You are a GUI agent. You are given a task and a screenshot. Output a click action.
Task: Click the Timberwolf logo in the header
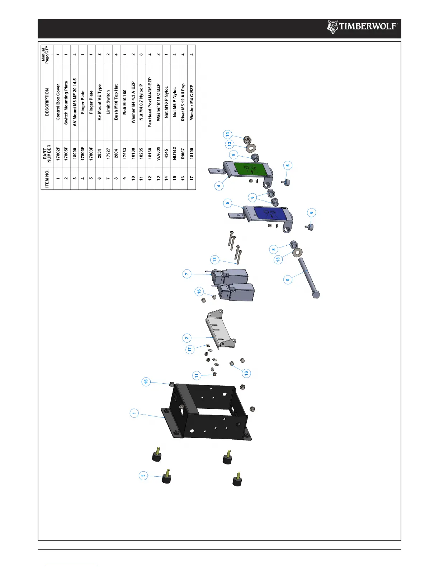(x=362, y=27)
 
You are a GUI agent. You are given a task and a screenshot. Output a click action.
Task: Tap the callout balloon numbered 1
(x=134, y=413)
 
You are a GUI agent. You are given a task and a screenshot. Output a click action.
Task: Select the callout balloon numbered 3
(x=143, y=476)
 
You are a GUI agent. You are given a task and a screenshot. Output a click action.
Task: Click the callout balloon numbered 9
(x=288, y=280)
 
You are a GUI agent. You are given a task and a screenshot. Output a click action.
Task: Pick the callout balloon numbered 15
(x=146, y=382)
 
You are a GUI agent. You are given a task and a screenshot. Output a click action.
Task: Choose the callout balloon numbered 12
(x=214, y=259)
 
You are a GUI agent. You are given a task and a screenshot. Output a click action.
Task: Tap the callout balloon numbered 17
(x=190, y=349)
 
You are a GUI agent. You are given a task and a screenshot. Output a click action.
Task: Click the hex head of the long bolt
(x=315, y=295)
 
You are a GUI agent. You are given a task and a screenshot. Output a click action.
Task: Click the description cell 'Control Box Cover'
(x=58, y=102)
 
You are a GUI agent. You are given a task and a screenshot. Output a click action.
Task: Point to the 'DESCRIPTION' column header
(x=47, y=102)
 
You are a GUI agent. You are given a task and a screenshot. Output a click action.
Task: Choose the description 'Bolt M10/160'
(x=125, y=102)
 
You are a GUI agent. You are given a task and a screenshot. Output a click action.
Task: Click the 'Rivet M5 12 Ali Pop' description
(x=183, y=102)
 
